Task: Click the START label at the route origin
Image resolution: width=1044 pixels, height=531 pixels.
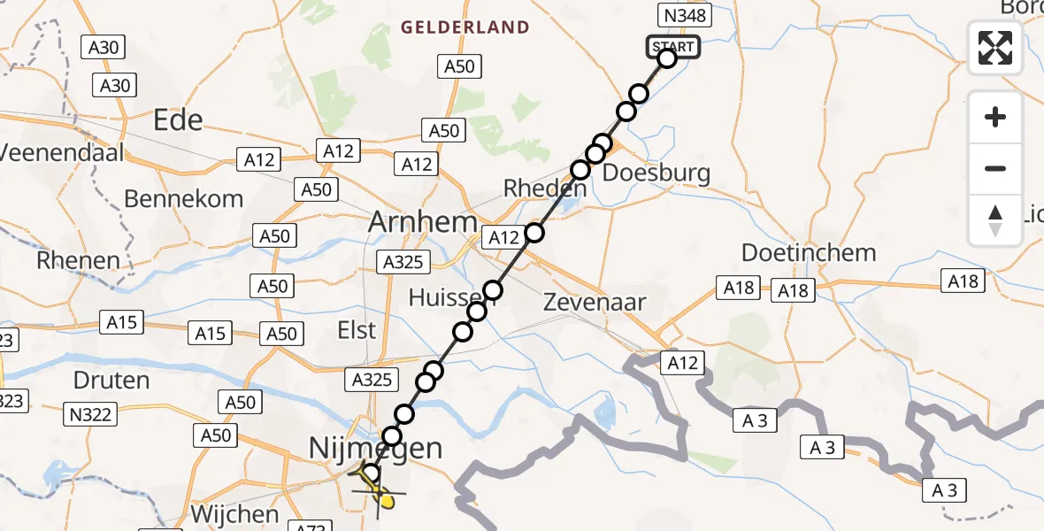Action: pyautogui.click(x=674, y=46)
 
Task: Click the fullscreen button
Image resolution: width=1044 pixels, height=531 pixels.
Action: pyautogui.click(x=995, y=48)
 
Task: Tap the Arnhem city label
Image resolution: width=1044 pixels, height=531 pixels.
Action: pyautogui.click(x=423, y=222)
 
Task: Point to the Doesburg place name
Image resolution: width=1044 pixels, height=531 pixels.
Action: pyautogui.click(x=656, y=173)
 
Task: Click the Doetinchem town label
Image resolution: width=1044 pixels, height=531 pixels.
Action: pyautogui.click(x=809, y=253)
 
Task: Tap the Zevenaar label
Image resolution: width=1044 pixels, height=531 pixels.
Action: pyautogui.click(x=595, y=302)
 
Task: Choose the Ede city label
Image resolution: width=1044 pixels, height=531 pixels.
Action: pyautogui.click(x=178, y=120)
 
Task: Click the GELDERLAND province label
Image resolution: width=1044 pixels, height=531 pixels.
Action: pyautogui.click(x=465, y=27)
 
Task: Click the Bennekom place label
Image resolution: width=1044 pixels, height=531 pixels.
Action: pyautogui.click(x=183, y=199)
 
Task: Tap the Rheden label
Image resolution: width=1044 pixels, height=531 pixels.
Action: pyautogui.click(x=544, y=189)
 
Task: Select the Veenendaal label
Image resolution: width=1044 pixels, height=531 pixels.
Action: pyautogui.click(x=61, y=152)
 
